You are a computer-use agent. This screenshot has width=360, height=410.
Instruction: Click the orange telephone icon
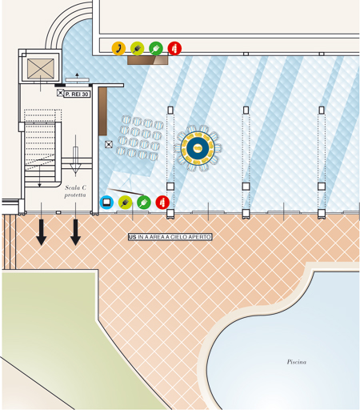point(118,48)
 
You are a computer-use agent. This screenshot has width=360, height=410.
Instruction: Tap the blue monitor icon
point(106,203)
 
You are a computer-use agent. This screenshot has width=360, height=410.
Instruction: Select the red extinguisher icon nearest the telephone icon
point(174,48)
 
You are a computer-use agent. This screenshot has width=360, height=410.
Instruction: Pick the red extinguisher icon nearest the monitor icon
point(162,203)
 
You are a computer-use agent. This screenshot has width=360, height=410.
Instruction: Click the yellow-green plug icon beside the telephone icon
point(138,48)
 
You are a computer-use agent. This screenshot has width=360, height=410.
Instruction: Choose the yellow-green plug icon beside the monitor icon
point(125,203)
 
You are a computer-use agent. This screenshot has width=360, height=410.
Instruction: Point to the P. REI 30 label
point(77,94)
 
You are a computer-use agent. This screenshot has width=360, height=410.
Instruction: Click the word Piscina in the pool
point(297,362)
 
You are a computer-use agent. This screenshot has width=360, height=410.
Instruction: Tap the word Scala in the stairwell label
point(71,187)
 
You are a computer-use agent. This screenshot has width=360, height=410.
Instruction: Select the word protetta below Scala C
point(75,195)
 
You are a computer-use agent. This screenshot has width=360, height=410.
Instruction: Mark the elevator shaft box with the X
point(41,69)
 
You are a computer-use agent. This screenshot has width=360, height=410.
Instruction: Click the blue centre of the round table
point(198,148)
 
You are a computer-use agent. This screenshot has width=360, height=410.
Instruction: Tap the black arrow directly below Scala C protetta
point(75,232)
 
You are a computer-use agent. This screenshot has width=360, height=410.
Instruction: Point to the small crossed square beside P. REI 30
point(60,93)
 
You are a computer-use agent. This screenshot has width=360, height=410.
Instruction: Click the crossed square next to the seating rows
point(109,144)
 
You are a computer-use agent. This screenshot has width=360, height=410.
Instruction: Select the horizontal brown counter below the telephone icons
point(148,60)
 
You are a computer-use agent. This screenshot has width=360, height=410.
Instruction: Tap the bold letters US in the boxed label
point(132,237)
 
